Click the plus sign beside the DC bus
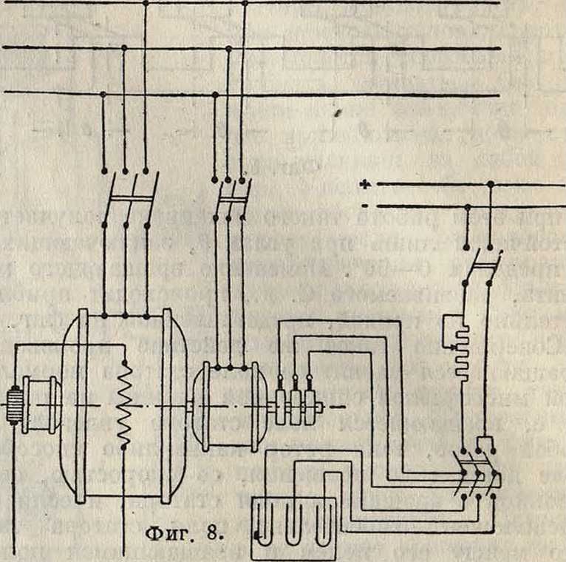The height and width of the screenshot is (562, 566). [x=364, y=183]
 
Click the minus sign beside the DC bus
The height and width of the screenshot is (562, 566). [x=364, y=205]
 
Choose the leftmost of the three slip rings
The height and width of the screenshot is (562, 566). [x=282, y=404]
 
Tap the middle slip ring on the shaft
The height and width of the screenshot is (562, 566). [x=296, y=404]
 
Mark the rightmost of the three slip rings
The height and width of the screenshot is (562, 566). [x=310, y=404]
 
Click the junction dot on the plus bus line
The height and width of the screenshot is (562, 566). [x=490, y=183]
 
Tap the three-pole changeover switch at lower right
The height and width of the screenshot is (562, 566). [x=476, y=473]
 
